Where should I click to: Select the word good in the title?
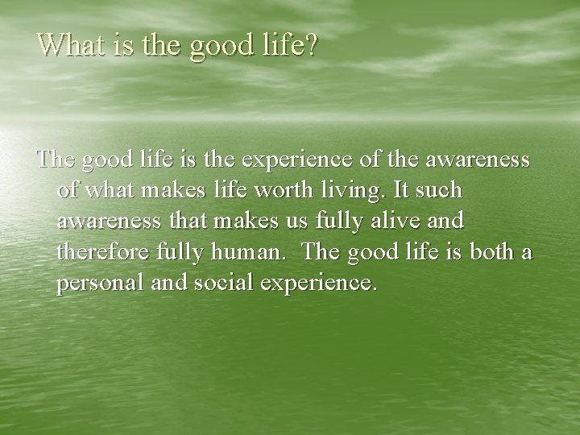click(x=221, y=47)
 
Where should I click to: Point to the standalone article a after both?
click(x=526, y=253)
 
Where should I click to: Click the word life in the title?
click(x=281, y=45)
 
